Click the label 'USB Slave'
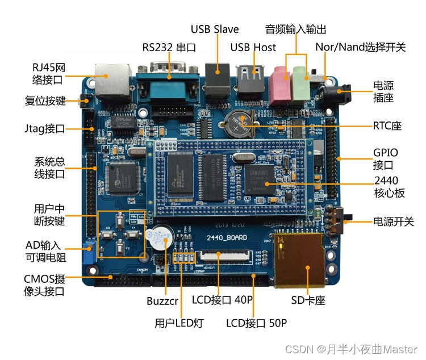[x=215, y=29]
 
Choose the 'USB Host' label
[x=253, y=47]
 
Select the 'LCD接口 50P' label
[x=257, y=323]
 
